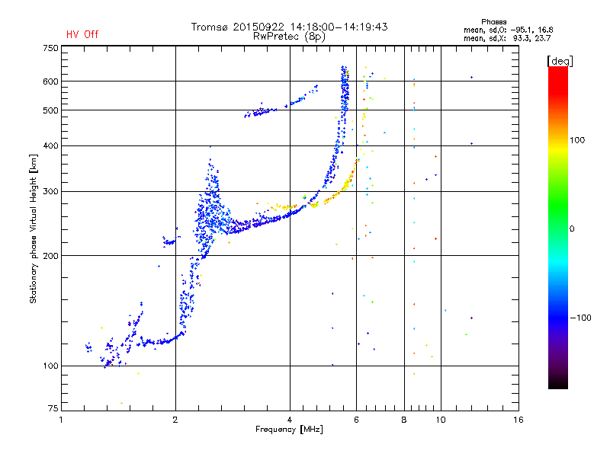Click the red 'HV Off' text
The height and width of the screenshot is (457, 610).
[82, 34]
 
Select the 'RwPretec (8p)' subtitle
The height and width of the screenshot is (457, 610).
[289, 37]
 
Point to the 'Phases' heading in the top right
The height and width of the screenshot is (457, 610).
[493, 22]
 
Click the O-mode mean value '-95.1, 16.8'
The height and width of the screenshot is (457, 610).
[531, 30]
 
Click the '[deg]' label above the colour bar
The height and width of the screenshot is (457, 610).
[560, 61]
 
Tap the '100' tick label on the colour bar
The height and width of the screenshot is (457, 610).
[577, 140]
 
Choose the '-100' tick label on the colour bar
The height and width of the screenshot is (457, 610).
[580, 318]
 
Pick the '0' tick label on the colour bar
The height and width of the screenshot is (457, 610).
[572, 229]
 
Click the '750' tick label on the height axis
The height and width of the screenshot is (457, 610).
[50, 48]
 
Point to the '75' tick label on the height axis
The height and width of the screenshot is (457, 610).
[53, 408]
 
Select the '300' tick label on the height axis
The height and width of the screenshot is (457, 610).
[50, 191]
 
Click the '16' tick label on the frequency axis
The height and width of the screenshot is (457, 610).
[518, 420]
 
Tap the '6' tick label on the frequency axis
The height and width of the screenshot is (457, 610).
[356, 420]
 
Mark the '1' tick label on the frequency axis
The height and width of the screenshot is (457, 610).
[62, 420]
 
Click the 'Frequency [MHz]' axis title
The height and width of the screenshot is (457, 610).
[289, 430]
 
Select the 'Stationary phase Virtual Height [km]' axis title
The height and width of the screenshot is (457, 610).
[33, 228]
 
